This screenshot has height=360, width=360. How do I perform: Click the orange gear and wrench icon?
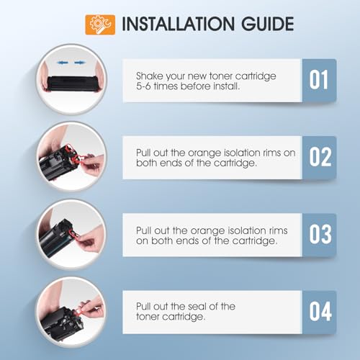pyautogui.click(x=100, y=24)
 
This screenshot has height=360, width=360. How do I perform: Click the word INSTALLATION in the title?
pyautogui.click(x=178, y=24)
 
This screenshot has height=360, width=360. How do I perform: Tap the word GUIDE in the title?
pyautogui.click(x=267, y=24)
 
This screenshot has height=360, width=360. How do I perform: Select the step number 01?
pyautogui.click(x=318, y=80)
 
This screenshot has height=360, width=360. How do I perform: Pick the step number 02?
pyautogui.click(x=320, y=157)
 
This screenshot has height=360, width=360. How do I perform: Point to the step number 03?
pyautogui.click(x=320, y=235)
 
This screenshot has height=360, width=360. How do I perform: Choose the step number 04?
pyautogui.click(x=320, y=312)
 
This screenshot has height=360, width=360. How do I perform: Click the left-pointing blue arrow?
pyautogui.click(x=63, y=63)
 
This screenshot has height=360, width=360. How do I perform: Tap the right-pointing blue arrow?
pyautogui.click(x=80, y=63)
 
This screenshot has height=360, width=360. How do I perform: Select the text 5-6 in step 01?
pyautogui.click(x=143, y=86)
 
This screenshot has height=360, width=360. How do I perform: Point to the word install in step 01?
pyautogui.click(x=227, y=86)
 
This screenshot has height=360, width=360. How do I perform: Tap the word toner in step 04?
pyautogui.click(x=148, y=317)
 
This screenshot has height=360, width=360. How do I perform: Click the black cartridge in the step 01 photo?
pyautogui.click(x=71, y=84)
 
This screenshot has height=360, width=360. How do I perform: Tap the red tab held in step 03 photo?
pyautogui.click(x=73, y=235)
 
